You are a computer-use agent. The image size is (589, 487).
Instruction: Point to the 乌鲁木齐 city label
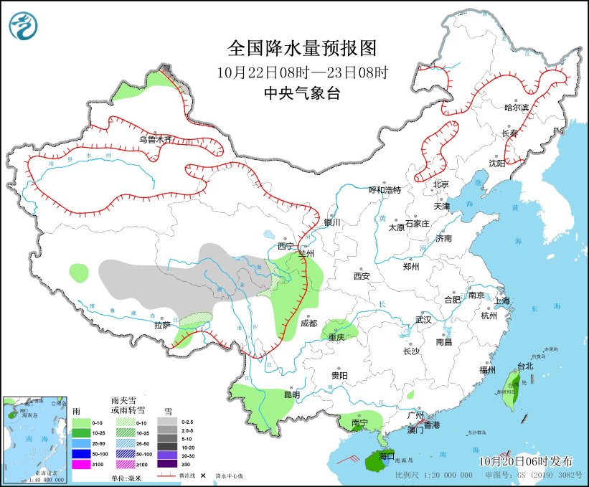(156, 139)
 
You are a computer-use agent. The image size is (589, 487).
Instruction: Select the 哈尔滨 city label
(516, 107)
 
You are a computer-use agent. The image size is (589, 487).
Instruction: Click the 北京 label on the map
(440, 184)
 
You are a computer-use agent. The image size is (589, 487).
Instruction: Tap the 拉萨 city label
(162, 325)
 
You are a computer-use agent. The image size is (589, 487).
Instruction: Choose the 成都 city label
(308, 323)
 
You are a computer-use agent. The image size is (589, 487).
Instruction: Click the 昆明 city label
(291, 394)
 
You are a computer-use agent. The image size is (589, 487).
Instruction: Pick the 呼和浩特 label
(385, 189)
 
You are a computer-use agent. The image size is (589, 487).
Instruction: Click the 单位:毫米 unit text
(126, 477)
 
